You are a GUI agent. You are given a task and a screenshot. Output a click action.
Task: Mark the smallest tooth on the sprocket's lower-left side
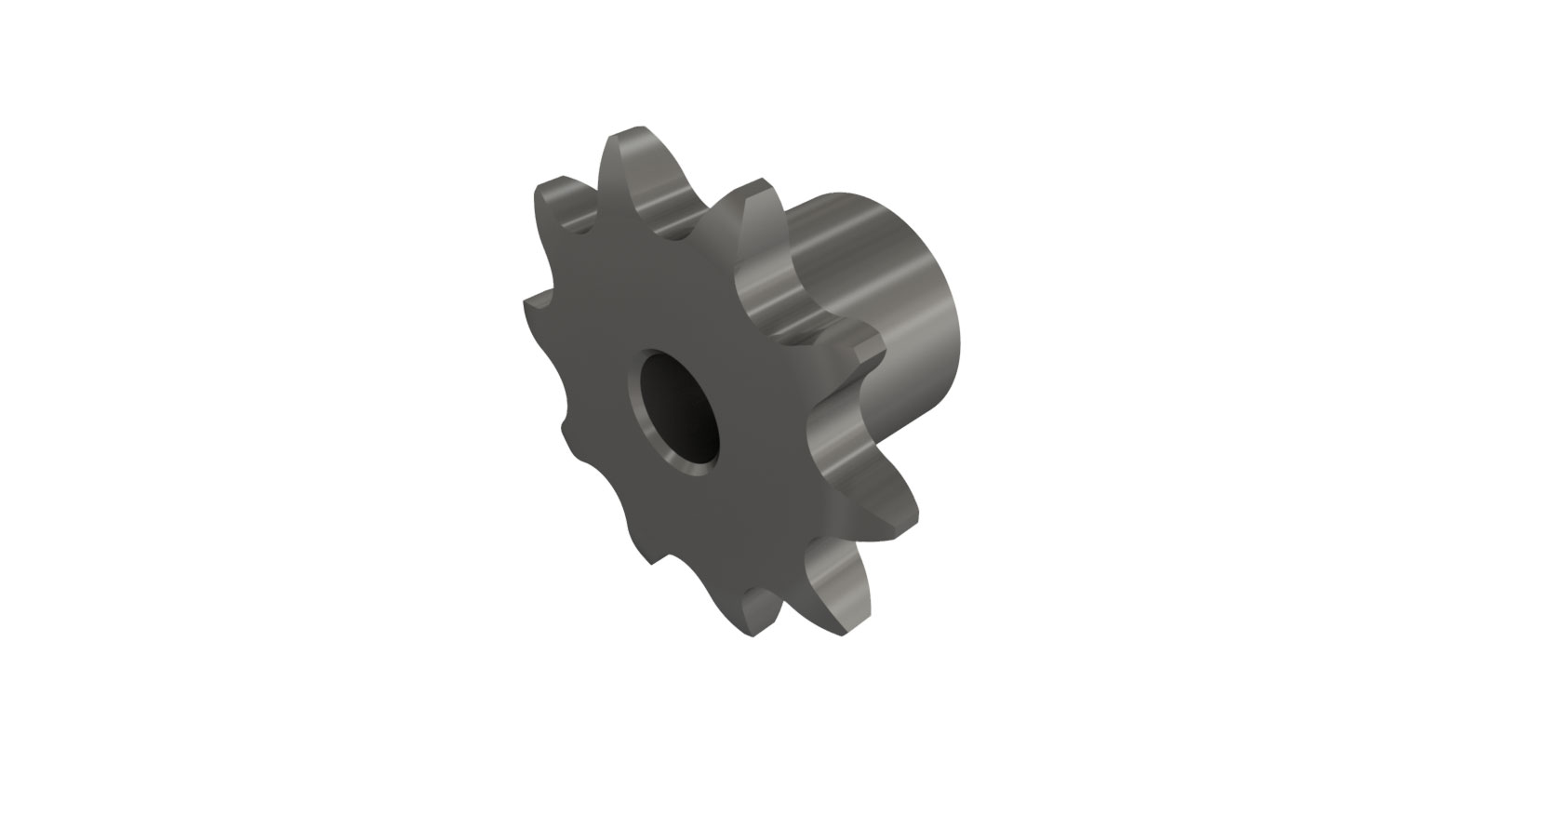[x=566, y=427]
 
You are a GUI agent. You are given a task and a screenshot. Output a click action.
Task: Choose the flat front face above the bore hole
[x=651, y=298]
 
